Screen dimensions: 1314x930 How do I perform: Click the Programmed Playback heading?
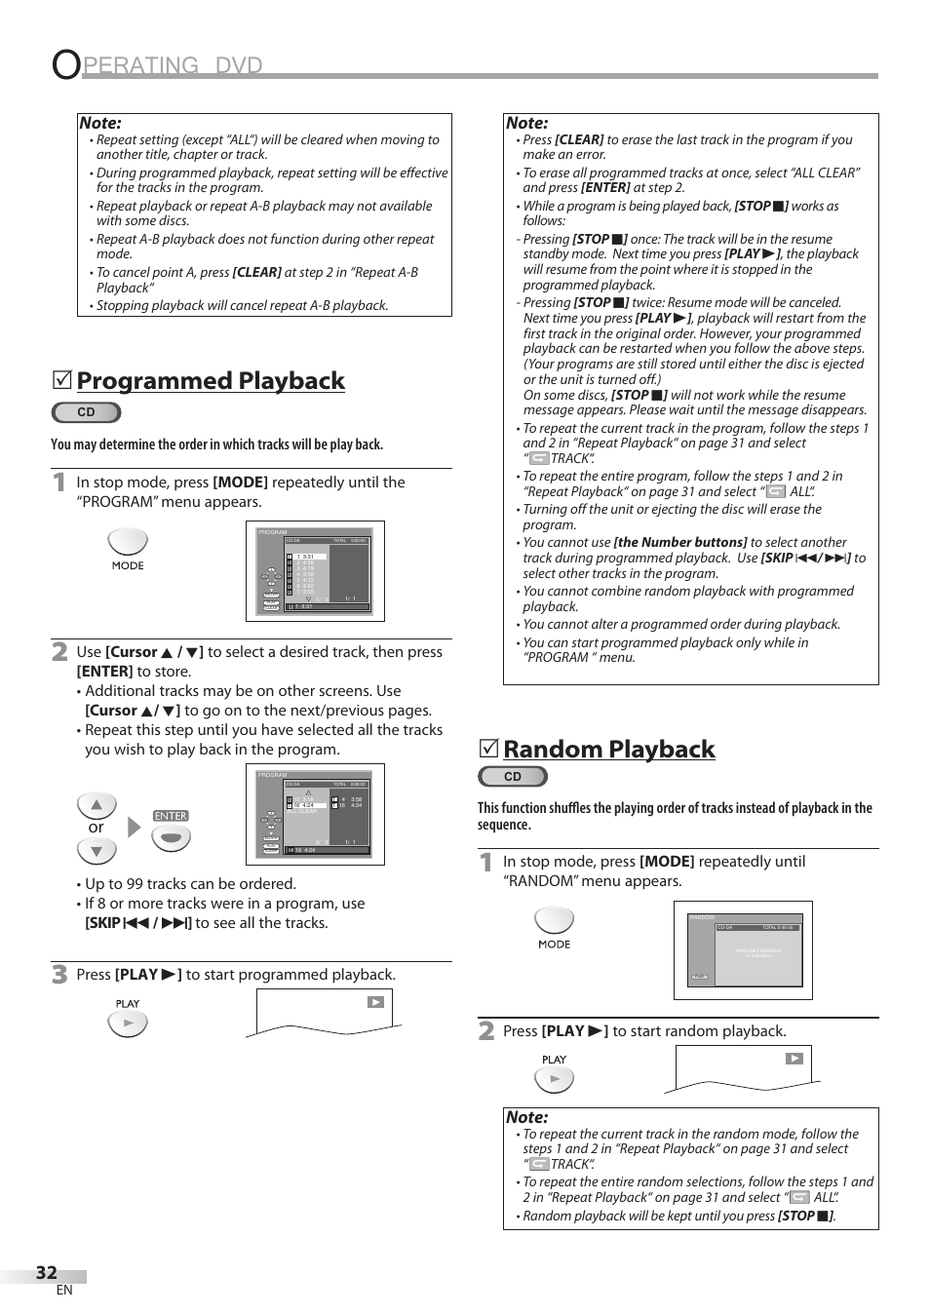(211, 380)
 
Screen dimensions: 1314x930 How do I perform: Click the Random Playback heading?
(608, 749)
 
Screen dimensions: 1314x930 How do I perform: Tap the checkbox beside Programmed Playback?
(61, 380)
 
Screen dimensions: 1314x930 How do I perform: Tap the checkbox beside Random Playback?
(488, 749)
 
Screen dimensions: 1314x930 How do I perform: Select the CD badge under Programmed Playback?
(86, 412)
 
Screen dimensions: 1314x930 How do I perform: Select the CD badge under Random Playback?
(513, 777)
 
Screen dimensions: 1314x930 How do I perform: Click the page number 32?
(46, 1272)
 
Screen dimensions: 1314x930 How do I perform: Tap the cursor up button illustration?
(97, 805)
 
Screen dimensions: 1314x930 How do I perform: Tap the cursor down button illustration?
(97, 851)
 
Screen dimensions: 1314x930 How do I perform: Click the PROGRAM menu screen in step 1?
(315, 571)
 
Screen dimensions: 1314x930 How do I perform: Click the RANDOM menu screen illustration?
(743, 950)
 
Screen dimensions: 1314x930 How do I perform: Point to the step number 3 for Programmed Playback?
(60, 974)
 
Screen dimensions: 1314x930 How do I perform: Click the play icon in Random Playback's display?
(794, 1059)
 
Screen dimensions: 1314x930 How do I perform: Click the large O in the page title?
(65, 64)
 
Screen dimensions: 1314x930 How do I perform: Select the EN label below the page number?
(64, 1291)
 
